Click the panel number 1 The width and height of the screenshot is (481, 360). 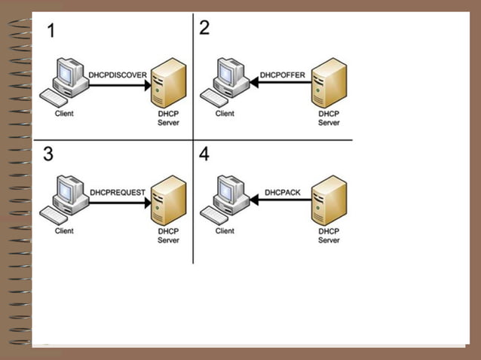click(51, 32)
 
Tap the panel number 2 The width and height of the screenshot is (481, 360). click(204, 29)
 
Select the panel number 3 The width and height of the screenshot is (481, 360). click(49, 154)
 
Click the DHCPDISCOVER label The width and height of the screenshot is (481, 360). click(118, 75)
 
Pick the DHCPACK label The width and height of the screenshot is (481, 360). click(283, 193)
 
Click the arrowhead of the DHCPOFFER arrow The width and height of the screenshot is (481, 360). click(254, 84)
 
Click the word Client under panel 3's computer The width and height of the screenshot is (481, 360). click(64, 231)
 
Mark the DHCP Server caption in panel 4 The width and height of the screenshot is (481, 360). click(329, 236)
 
